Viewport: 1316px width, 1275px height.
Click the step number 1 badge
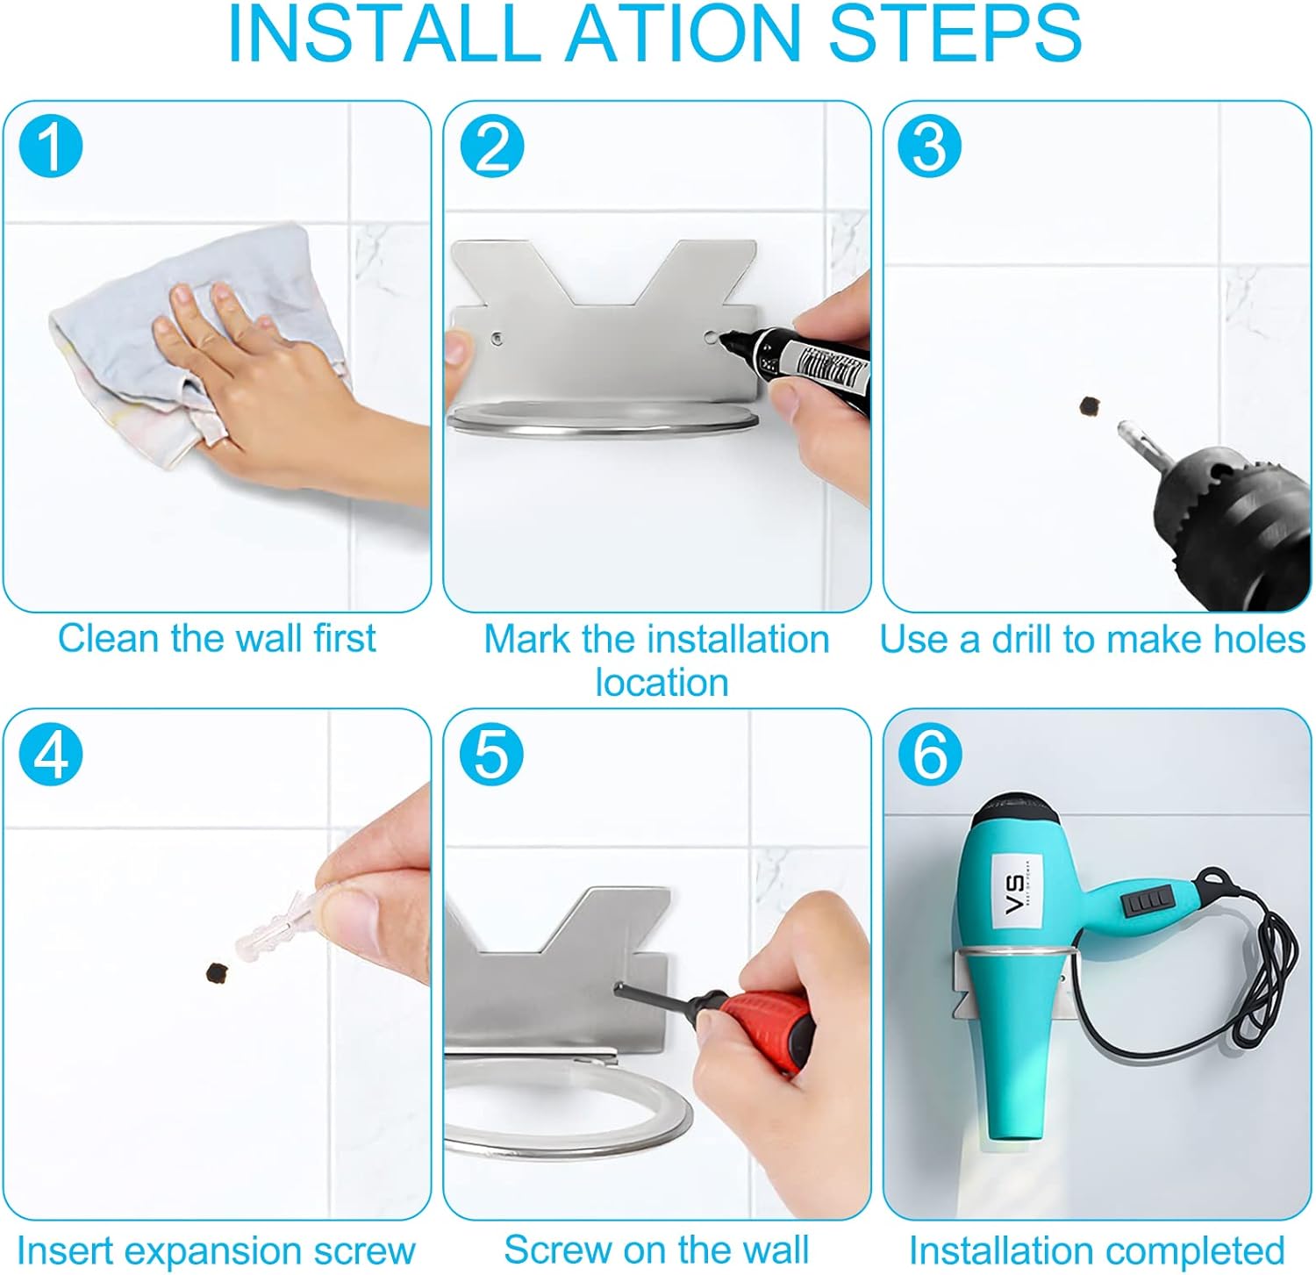(x=51, y=145)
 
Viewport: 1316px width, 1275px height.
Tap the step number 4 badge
(x=51, y=754)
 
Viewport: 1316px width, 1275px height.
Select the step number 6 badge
(x=931, y=754)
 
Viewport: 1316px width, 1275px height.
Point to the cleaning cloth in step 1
(x=189, y=342)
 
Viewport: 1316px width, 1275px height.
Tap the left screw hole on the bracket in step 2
(x=497, y=336)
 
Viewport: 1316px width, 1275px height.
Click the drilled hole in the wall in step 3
(x=1089, y=405)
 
